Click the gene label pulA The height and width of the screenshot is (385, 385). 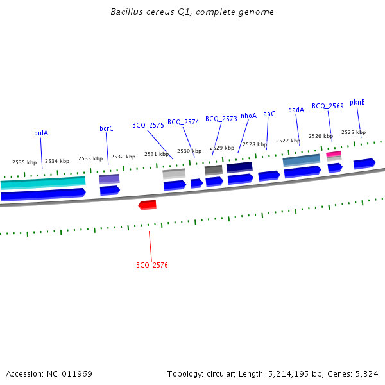point(41,133)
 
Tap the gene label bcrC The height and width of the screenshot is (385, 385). point(107,128)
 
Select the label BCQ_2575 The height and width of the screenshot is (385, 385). point(148,125)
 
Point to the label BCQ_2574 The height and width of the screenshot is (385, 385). point(184,122)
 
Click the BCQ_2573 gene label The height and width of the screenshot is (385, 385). point(221,119)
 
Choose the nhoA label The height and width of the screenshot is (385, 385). point(248,116)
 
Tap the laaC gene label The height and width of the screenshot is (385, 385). point(268,114)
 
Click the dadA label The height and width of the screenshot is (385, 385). point(296,110)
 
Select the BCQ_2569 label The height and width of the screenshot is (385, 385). point(328,106)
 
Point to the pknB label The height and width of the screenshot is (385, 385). point(357,102)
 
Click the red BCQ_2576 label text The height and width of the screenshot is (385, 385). point(152,265)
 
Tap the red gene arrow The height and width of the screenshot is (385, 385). point(148,205)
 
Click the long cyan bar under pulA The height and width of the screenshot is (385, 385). point(43,182)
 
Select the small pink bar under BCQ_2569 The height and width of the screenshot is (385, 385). point(334,154)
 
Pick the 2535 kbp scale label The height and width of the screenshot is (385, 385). point(24,162)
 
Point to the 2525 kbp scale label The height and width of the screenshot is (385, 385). point(353,132)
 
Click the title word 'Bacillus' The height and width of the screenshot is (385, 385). point(126,12)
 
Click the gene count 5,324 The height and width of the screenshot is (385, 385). point(366,373)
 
